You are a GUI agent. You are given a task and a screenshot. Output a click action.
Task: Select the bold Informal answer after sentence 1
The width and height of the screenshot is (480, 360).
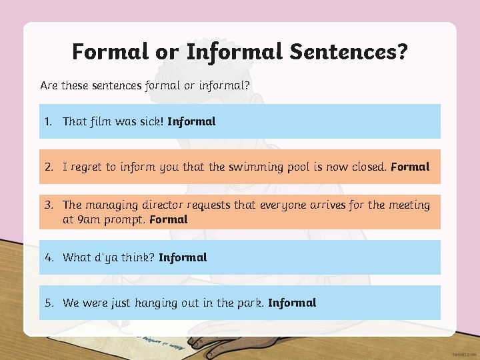pos(191,121)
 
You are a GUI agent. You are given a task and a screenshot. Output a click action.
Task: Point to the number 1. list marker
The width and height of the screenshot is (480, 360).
pos(48,121)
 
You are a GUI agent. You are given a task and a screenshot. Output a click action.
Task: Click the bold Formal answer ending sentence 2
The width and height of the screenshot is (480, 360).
pos(410,167)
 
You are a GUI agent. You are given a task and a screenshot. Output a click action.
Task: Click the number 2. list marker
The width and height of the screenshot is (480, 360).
pos(49,167)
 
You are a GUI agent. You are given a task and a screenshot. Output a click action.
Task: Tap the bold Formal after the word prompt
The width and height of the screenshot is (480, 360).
pos(169,219)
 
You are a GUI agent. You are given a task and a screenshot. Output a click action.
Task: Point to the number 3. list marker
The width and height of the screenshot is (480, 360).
pos(49,205)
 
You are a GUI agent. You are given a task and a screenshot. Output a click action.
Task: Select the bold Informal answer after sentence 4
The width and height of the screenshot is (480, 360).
pos(183,257)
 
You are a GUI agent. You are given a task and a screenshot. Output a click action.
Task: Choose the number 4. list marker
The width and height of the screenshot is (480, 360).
pos(49,257)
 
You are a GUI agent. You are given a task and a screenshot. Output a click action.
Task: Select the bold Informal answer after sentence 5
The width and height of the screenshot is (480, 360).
pos(292,303)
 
